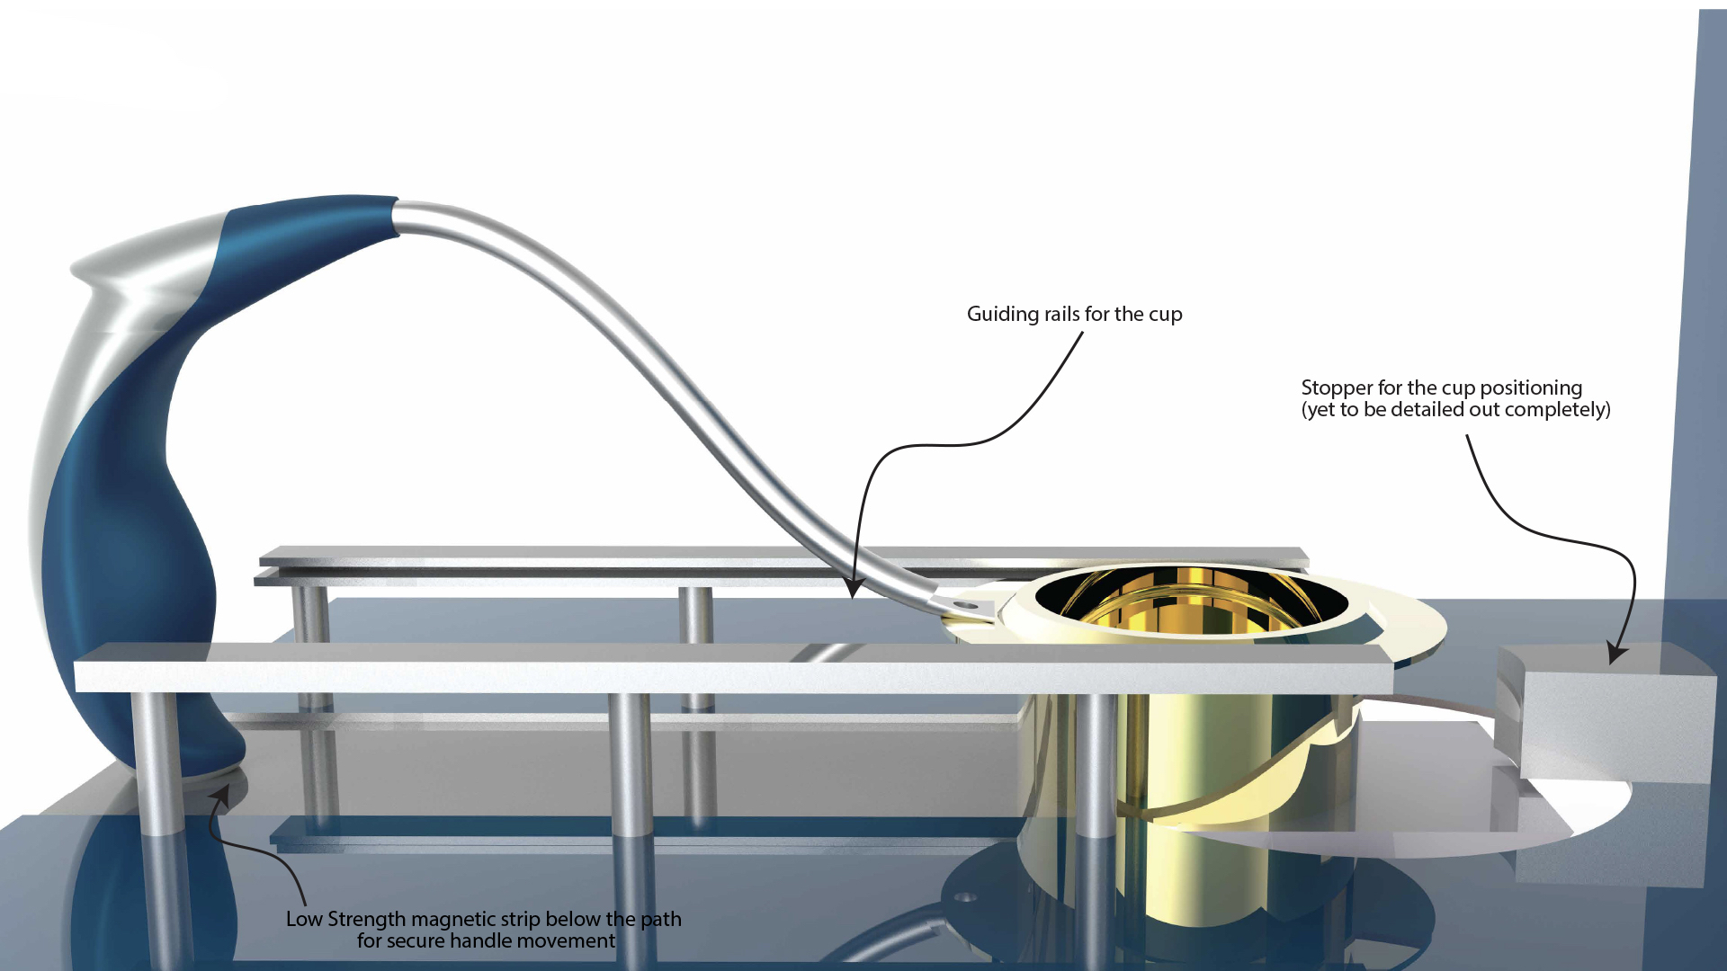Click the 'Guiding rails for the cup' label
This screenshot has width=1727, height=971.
point(1074,314)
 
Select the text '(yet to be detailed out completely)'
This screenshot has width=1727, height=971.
point(1455,410)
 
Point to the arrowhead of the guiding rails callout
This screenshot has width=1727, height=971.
point(854,590)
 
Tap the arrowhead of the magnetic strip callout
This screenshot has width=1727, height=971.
point(220,795)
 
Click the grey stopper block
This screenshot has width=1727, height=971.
point(1610,719)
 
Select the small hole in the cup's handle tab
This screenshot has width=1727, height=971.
point(970,607)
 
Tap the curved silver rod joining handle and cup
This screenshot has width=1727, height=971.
point(630,342)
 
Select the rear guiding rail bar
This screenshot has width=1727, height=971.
point(630,556)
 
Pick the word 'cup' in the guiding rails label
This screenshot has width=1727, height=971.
point(1166,315)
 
